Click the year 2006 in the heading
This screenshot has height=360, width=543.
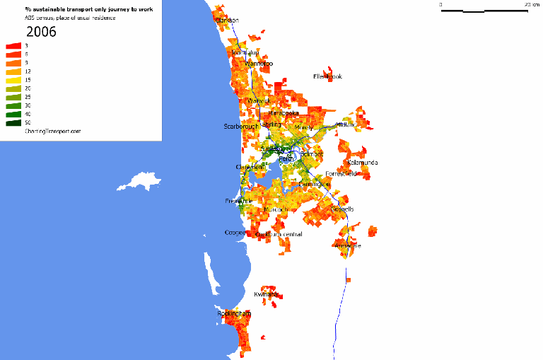tap(42, 32)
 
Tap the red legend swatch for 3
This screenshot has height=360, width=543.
tap(13, 45)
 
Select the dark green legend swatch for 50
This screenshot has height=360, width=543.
tap(13, 122)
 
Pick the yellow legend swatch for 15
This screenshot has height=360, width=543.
tap(13, 80)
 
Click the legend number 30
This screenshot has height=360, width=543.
tap(28, 105)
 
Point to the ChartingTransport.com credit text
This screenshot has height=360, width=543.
tap(52, 131)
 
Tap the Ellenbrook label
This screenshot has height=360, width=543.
tap(327, 76)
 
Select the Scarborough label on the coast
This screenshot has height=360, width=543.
tap(241, 127)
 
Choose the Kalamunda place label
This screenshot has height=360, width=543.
tap(363, 163)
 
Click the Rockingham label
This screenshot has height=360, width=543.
tap(233, 313)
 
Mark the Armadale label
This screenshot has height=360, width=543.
tap(348, 245)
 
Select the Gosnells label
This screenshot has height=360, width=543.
tap(342, 209)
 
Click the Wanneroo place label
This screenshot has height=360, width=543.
tap(259, 64)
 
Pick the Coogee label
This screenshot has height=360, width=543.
tap(235, 232)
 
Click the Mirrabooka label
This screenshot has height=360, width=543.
tap(284, 113)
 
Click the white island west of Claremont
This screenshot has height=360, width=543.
tap(140, 180)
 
